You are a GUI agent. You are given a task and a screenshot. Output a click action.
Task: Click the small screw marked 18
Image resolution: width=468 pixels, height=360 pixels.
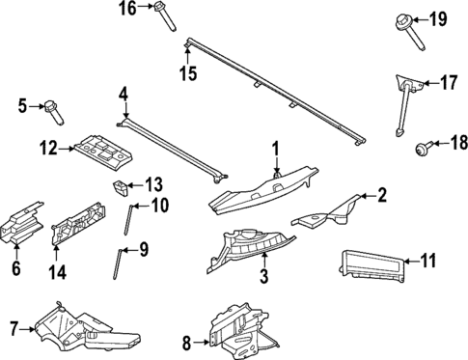421,148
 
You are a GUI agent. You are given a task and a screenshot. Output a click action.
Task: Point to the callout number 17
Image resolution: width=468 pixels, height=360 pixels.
449,83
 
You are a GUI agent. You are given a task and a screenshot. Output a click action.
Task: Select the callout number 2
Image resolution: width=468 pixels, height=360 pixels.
382,197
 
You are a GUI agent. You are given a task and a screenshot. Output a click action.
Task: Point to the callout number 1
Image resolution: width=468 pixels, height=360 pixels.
275,148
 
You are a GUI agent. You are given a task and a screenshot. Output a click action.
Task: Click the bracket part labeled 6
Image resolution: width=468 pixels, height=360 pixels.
21,224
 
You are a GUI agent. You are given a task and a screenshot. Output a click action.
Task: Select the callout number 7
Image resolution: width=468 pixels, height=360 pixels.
14,329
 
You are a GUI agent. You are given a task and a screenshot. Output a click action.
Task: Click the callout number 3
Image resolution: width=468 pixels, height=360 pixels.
262,280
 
